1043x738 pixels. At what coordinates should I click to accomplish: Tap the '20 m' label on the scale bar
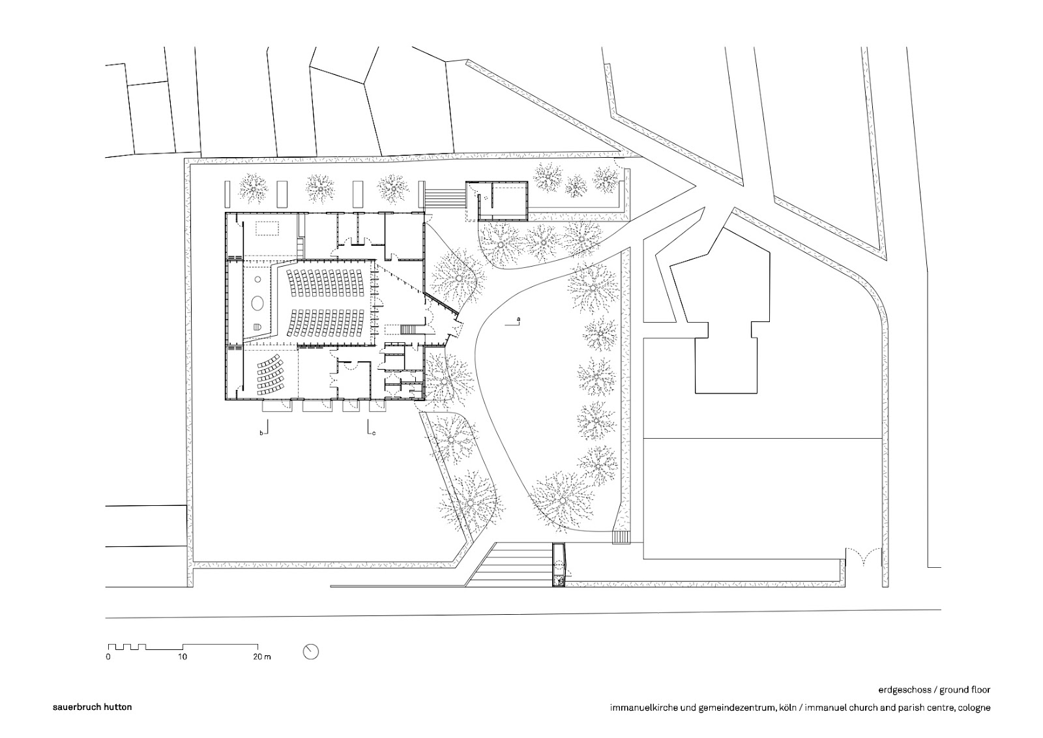[262, 657]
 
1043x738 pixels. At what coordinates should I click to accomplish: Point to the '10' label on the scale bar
[183, 657]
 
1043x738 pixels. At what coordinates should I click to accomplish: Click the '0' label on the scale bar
[108, 657]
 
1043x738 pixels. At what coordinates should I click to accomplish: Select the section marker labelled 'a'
[518, 319]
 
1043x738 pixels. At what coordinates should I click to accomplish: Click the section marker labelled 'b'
[262, 432]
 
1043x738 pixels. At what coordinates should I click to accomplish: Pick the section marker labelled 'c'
[373, 432]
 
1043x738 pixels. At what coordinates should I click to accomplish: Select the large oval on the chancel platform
[258, 303]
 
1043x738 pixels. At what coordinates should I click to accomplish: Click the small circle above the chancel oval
[258, 279]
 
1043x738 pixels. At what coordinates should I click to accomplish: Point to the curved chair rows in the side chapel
[269, 375]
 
